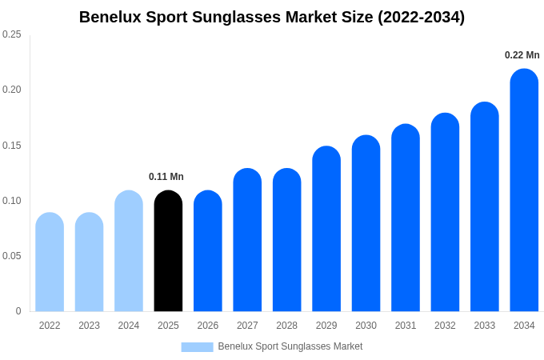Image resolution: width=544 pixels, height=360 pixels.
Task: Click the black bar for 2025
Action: click(168, 251)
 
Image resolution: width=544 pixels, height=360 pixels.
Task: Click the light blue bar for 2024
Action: click(129, 251)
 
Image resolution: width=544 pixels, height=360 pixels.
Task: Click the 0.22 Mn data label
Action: click(522, 55)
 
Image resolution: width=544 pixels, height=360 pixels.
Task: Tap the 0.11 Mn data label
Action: click(166, 177)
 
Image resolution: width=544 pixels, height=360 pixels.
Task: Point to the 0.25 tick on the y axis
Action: click(12, 34)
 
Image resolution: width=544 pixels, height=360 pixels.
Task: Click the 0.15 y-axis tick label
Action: click(12, 146)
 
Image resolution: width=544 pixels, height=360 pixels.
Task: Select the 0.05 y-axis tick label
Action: click(12, 256)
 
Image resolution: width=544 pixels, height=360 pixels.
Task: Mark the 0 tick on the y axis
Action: click(18, 311)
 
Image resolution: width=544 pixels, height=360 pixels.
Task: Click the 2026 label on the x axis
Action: click(208, 326)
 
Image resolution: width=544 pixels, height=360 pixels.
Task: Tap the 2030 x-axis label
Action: click(366, 326)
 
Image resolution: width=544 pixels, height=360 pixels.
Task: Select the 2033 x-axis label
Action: click(485, 326)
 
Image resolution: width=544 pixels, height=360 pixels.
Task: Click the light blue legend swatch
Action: click(197, 347)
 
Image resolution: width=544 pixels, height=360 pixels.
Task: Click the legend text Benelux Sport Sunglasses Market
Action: click(290, 346)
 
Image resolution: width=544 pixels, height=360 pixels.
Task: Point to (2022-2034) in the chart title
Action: click(421, 17)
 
